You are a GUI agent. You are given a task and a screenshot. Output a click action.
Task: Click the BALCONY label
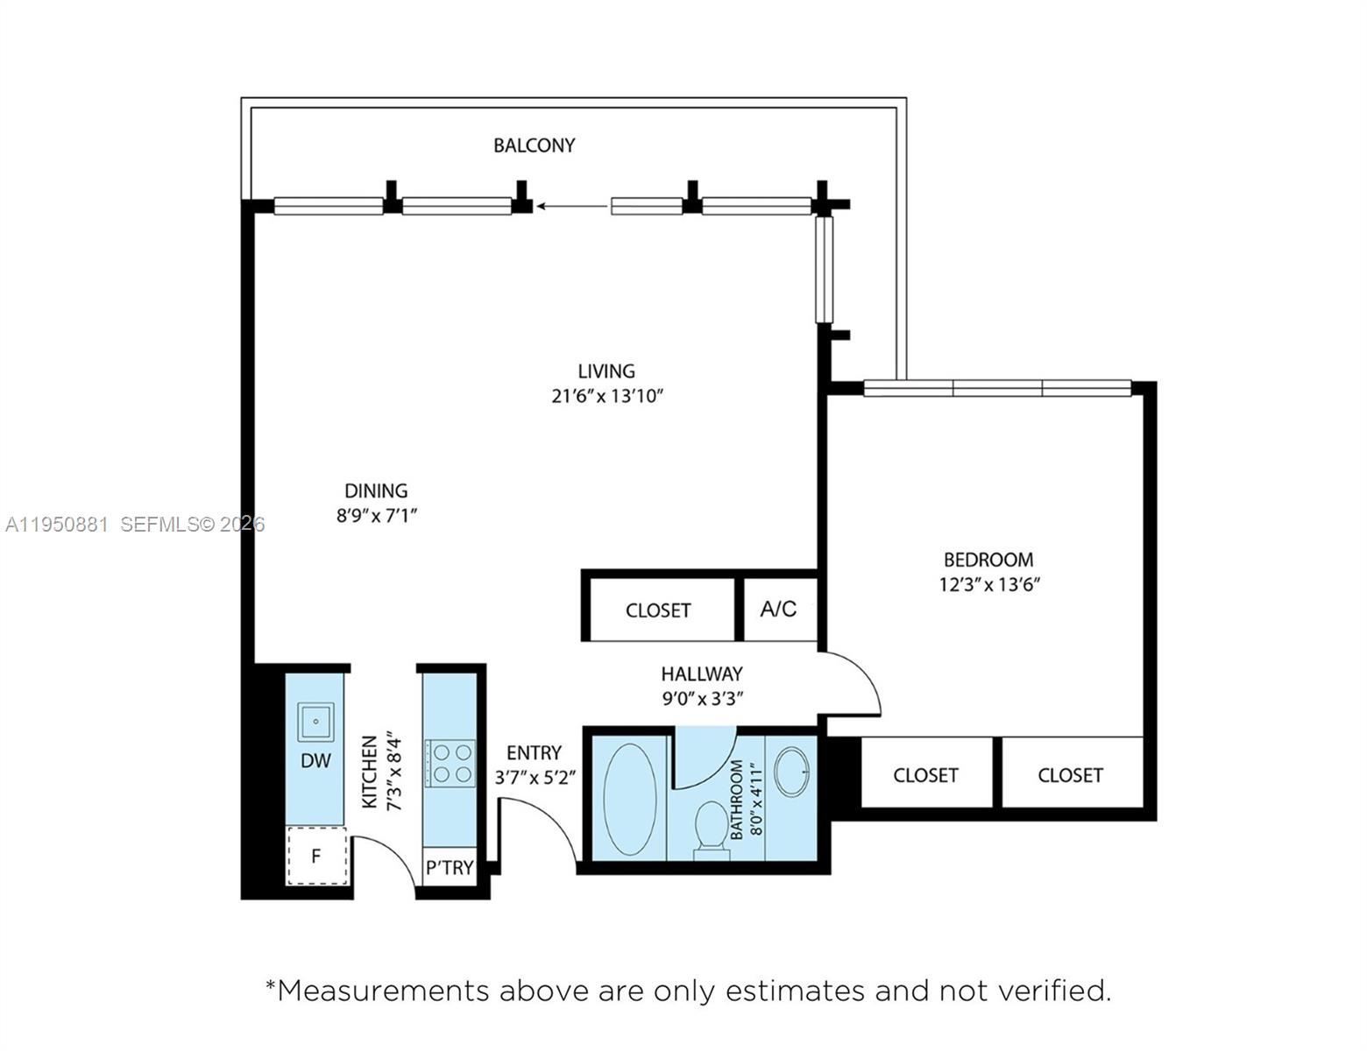pyautogui.click(x=534, y=145)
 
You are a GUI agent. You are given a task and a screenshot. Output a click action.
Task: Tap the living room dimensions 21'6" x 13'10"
pyautogui.click(x=606, y=396)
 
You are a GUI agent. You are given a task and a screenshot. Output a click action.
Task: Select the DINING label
pyautogui.click(x=376, y=490)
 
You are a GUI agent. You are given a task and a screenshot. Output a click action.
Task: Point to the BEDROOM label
pyautogui.click(x=988, y=560)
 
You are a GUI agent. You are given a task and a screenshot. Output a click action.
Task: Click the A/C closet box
pyautogui.click(x=779, y=609)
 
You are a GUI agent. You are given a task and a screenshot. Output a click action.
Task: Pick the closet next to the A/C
pyautogui.click(x=658, y=610)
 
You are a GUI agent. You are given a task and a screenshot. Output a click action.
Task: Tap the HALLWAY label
pyautogui.click(x=701, y=674)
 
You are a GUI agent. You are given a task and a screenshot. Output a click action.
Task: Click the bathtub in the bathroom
pyautogui.click(x=629, y=799)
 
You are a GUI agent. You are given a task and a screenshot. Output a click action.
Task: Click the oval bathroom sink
pyautogui.click(x=792, y=772)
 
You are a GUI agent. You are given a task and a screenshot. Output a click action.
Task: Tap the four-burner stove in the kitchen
pyautogui.click(x=450, y=763)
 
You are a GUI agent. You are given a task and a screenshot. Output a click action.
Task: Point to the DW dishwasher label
pyautogui.click(x=315, y=761)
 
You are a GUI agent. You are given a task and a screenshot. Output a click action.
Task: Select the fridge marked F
pyautogui.click(x=316, y=856)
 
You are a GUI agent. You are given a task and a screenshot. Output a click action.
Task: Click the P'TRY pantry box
pyautogui.click(x=450, y=867)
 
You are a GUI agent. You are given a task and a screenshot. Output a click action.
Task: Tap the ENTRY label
pyautogui.click(x=534, y=753)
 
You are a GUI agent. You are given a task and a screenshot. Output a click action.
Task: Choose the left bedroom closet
pyautogui.click(x=925, y=774)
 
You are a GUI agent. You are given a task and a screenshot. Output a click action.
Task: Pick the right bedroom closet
pyautogui.click(x=1070, y=774)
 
